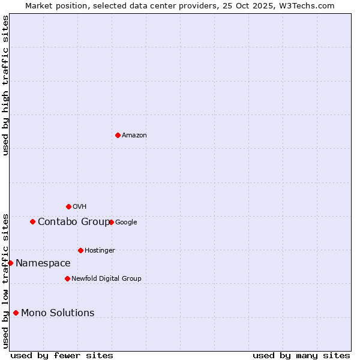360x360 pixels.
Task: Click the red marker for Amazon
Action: coord(118,135)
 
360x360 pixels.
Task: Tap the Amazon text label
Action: coord(134,136)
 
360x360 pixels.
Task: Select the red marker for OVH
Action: coord(68,206)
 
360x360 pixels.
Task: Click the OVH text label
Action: coord(80,207)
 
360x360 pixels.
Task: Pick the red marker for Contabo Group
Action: coord(32,221)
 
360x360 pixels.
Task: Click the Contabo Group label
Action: coord(74,222)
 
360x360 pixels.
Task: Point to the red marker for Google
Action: coord(111,222)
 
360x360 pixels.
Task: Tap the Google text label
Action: coord(126,223)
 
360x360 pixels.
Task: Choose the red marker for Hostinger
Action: coord(80,250)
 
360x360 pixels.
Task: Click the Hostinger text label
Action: coord(100,251)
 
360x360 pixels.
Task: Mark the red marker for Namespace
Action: coord(10,263)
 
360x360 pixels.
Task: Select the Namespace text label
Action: coord(43,263)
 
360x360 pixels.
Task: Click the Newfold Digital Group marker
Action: coord(67,278)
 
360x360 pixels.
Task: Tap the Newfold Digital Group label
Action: coord(106,279)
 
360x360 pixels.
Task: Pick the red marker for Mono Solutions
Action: coord(16,313)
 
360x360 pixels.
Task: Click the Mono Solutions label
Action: coord(58,313)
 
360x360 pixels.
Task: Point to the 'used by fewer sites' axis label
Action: coord(62,355)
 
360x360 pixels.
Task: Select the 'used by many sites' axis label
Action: coord(301,355)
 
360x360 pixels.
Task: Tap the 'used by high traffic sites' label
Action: coord(6,85)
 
